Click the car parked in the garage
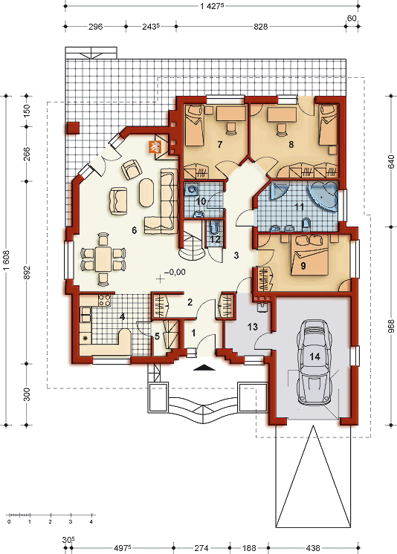314,362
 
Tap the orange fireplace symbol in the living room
155,146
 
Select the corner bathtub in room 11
323,197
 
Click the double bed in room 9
309,255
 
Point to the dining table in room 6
103,258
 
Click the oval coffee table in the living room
146,192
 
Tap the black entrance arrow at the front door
204,368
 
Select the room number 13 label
253,327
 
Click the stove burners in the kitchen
105,300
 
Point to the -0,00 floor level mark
175,272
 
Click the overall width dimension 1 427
211,6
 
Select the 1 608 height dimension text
6,261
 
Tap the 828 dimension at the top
261,27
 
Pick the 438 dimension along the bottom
313,548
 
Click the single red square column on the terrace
74,128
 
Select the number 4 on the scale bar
91,521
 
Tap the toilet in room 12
214,227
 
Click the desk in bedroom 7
231,114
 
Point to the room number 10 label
201,201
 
